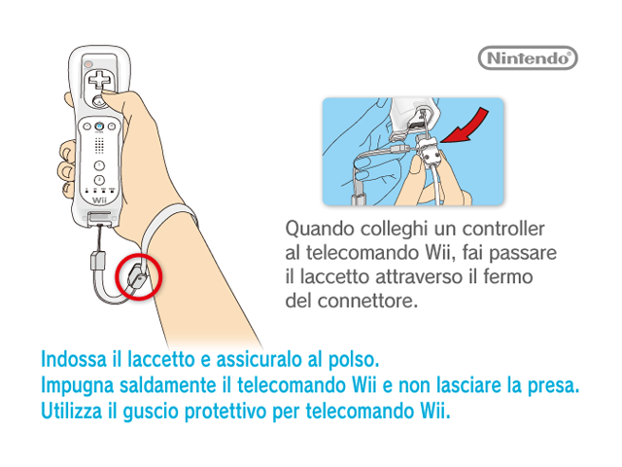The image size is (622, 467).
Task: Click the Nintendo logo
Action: pyautogui.click(x=528, y=58)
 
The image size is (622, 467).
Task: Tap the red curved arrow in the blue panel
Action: pyautogui.click(x=468, y=127)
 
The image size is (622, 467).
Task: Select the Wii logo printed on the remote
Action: pyautogui.click(x=99, y=200)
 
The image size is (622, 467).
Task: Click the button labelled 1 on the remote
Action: pyautogui.click(x=99, y=165)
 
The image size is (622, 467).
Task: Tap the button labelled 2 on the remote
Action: pyautogui.click(x=99, y=180)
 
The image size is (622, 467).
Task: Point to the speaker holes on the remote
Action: pyautogui.click(x=99, y=145)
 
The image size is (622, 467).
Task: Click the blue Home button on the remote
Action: pyautogui.click(x=99, y=126)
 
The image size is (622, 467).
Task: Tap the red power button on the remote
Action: pyautogui.click(x=88, y=63)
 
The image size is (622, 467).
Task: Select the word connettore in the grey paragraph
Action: pyautogui.click(x=367, y=301)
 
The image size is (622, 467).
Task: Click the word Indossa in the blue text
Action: pyautogui.click(x=74, y=359)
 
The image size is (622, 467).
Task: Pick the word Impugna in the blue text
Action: pyautogui.click(x=78, y=386)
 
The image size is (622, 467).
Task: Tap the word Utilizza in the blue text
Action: pyautogui.click(x=71, y=411)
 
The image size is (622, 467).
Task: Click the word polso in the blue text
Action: pyautogui.click(x=354, y=360)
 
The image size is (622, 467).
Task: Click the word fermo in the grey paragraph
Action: pyautogui.click(x=507, y=276)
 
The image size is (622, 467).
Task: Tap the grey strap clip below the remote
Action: pyautogui.click(x=98, y=261)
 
